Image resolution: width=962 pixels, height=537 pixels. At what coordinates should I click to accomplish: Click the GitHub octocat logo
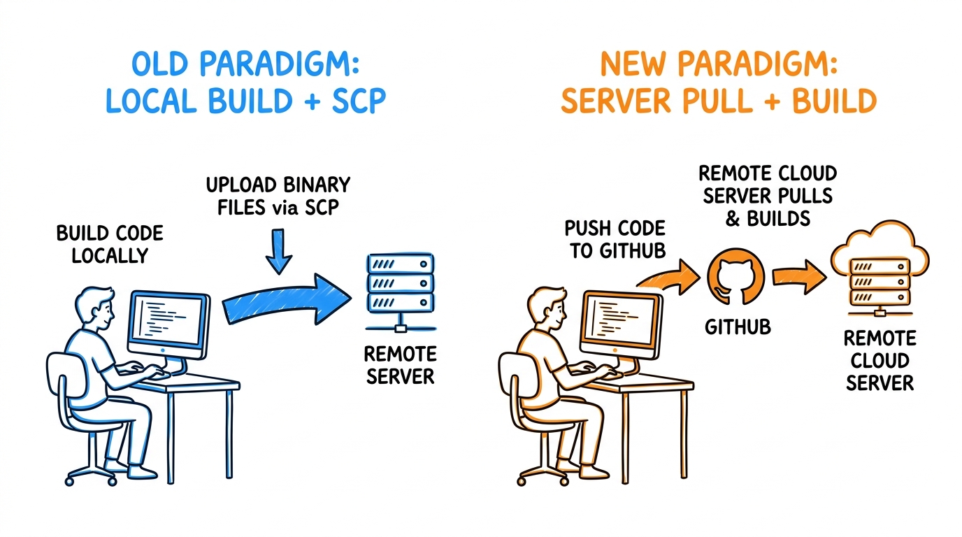coord(735,277)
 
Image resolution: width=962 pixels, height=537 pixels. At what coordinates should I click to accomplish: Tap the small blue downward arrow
coord(279,252)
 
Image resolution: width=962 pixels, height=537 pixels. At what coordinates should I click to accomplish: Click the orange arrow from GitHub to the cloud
coord(799,277)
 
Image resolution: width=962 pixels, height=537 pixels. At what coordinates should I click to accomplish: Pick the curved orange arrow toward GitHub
coord(670,277)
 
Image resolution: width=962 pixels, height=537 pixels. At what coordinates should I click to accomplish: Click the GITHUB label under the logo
coord(738,328)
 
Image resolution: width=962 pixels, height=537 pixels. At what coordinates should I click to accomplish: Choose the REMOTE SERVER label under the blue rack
coord(401,366)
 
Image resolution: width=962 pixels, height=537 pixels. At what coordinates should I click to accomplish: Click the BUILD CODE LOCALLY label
coord(110,245)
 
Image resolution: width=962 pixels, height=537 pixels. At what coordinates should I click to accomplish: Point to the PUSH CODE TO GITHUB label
coord(615,239)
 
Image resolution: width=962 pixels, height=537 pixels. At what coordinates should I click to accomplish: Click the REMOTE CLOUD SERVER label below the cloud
coord(880,361)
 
